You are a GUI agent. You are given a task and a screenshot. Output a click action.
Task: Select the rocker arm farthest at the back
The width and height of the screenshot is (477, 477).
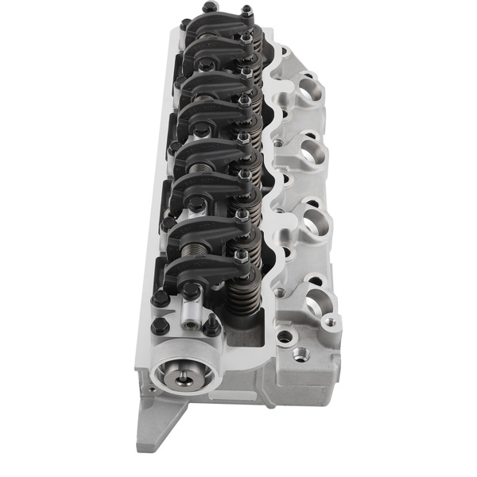click(x=215, y=28)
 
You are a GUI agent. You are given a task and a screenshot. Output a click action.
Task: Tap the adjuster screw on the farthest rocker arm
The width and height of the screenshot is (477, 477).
click(x=246, y=12)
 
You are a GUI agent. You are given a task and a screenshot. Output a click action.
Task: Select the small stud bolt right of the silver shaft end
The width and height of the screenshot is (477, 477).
click(x=212, y=326)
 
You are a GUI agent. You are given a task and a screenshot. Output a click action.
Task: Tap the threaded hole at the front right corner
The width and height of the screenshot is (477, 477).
click(x=300, y=355)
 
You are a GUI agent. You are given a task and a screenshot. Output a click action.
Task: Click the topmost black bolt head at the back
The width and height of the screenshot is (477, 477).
click(x=209, y=7)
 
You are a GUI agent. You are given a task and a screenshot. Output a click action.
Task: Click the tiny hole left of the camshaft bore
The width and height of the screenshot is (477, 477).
click(x=147, y=390)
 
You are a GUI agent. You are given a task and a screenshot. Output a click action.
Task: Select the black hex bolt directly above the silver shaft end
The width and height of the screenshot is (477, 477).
click(x=191, y=291)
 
